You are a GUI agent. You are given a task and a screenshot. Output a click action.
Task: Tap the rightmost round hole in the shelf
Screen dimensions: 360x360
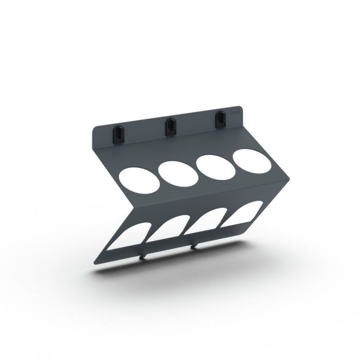[x=253, y=159]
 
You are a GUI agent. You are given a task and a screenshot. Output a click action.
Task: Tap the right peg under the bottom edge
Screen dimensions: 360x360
[x=193, y=247]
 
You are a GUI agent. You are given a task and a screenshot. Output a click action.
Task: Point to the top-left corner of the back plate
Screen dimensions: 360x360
[x=95, y=128]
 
